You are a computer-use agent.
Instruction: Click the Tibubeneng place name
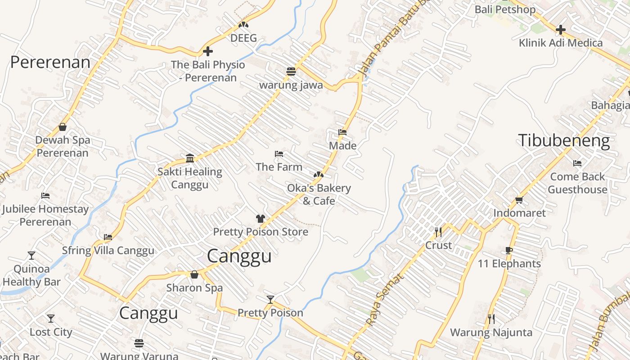(x=564, y=141)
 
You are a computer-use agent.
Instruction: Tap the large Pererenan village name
(x=50, y=63)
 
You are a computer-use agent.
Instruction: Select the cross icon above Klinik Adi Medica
(x=560, y=30)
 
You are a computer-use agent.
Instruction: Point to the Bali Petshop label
(x=505, y=9)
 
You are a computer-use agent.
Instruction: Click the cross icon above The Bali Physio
(x=207, y=51)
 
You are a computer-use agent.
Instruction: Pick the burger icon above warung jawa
(x=291, y=72)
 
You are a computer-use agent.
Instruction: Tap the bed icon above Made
(x=342, y=132)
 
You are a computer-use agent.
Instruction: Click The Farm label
(x=279, y=167)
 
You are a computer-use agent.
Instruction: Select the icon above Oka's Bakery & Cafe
(x=319, y=174)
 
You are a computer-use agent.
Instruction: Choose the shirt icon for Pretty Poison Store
(x=260, y=219)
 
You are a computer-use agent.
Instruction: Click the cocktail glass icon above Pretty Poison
(x=270, y=299)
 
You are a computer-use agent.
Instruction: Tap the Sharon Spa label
(x=194, y=288)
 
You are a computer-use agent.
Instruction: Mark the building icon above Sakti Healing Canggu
(x=190, y=158)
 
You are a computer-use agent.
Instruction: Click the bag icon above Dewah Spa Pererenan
(x=63, y=127)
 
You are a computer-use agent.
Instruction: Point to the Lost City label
(x=51, y=332)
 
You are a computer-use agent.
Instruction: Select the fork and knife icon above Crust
(x=438, y=232)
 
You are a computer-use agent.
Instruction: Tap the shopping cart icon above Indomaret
(x=519, y=200)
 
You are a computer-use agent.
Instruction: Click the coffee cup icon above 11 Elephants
(x=509, y=251)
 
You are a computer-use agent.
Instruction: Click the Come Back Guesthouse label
(x=577, y=183)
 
